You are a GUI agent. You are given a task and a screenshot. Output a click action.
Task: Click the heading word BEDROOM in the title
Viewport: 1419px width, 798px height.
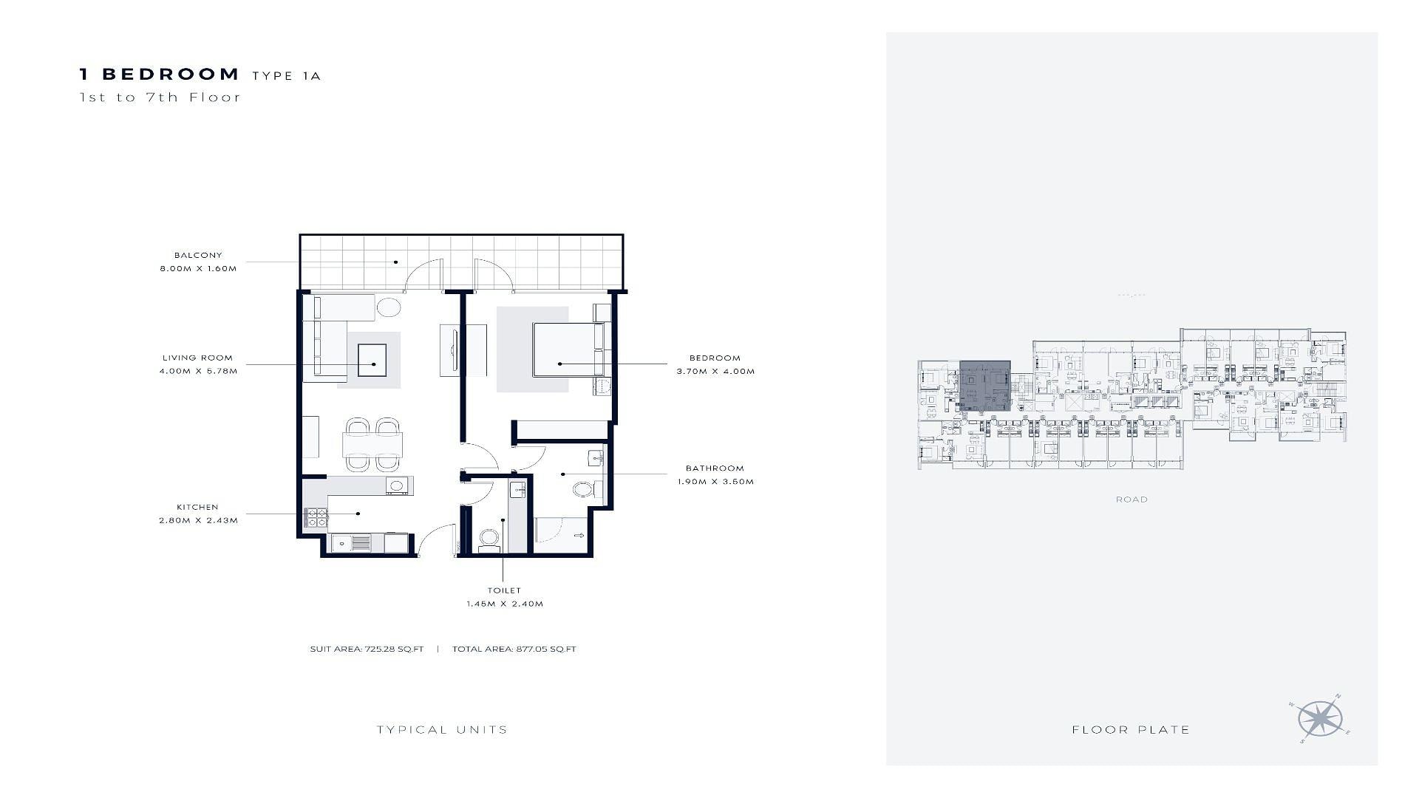pyautogui.click(x=171, y=74)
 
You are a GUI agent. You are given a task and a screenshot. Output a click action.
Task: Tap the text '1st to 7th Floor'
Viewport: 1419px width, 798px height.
pyautogui.click(x=160, y=97)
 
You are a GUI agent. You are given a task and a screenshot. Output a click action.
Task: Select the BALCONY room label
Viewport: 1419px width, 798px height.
pyautogui.click(x=198, y=255)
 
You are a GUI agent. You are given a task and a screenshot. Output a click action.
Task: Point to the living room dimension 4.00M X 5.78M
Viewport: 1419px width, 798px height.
pyautogui.click(x=198, y=371)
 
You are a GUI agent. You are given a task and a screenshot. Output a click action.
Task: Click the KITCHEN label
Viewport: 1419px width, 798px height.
pyautogui.click(x=197, y=507)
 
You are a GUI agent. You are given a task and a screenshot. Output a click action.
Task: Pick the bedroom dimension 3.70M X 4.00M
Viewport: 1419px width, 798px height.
pyautogui.click(x=715, y=371)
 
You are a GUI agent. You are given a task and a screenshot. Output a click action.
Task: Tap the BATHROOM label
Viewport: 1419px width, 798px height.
pyautogui.click(x=715, y=468)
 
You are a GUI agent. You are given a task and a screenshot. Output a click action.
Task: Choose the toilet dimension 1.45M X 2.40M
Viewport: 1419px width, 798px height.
pyautogui.click(x=505, y=604)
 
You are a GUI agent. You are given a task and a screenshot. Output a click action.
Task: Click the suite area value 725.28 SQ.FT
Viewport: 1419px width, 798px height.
pyautogui.click(x=394, y=649)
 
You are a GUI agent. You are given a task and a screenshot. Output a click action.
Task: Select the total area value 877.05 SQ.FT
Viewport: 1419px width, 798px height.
pyautogui.click(x=545, y=649)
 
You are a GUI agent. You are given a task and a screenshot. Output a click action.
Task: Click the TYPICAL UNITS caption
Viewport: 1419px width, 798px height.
pyautogui.click(x=442, y=729)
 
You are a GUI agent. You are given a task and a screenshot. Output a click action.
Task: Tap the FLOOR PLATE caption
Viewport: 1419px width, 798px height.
pyautogui.click(x=1131, y=729)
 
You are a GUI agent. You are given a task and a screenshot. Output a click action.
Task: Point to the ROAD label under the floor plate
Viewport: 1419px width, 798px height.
pyautogui.click(x=1132, y=499)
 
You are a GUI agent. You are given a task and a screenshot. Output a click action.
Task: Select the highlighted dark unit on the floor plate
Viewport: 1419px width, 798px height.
pyautogui.click(x=985, y=386)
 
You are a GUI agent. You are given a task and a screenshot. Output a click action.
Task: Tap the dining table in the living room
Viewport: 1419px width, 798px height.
pyautogui.click(x=373, y=445)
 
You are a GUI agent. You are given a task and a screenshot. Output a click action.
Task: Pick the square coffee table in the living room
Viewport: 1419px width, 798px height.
pyautogui.click(x=372, y=361)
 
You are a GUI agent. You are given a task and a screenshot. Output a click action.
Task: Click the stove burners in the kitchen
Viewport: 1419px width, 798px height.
pyautogui.click(x=316, y=517)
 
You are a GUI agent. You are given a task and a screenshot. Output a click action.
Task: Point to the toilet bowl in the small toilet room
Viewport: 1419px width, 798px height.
pyautogui.click(x=489, y=539)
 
